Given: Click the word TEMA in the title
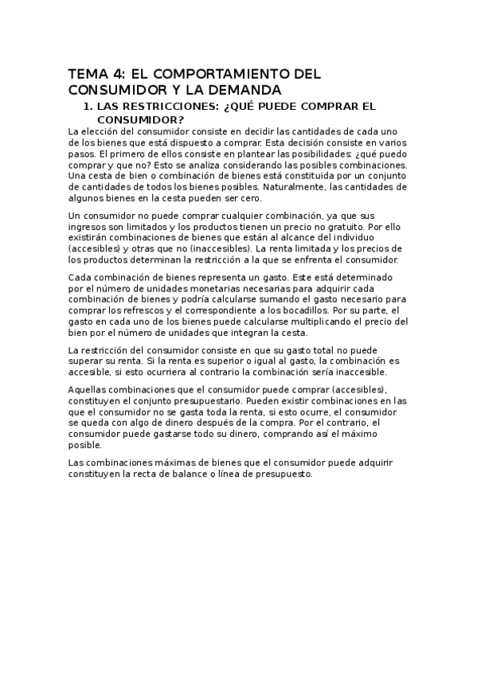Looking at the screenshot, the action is (x=87, y=73).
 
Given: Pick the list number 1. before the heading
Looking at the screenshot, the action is (x=89, y=106).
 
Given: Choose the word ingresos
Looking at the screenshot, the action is (x=88, y=226).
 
